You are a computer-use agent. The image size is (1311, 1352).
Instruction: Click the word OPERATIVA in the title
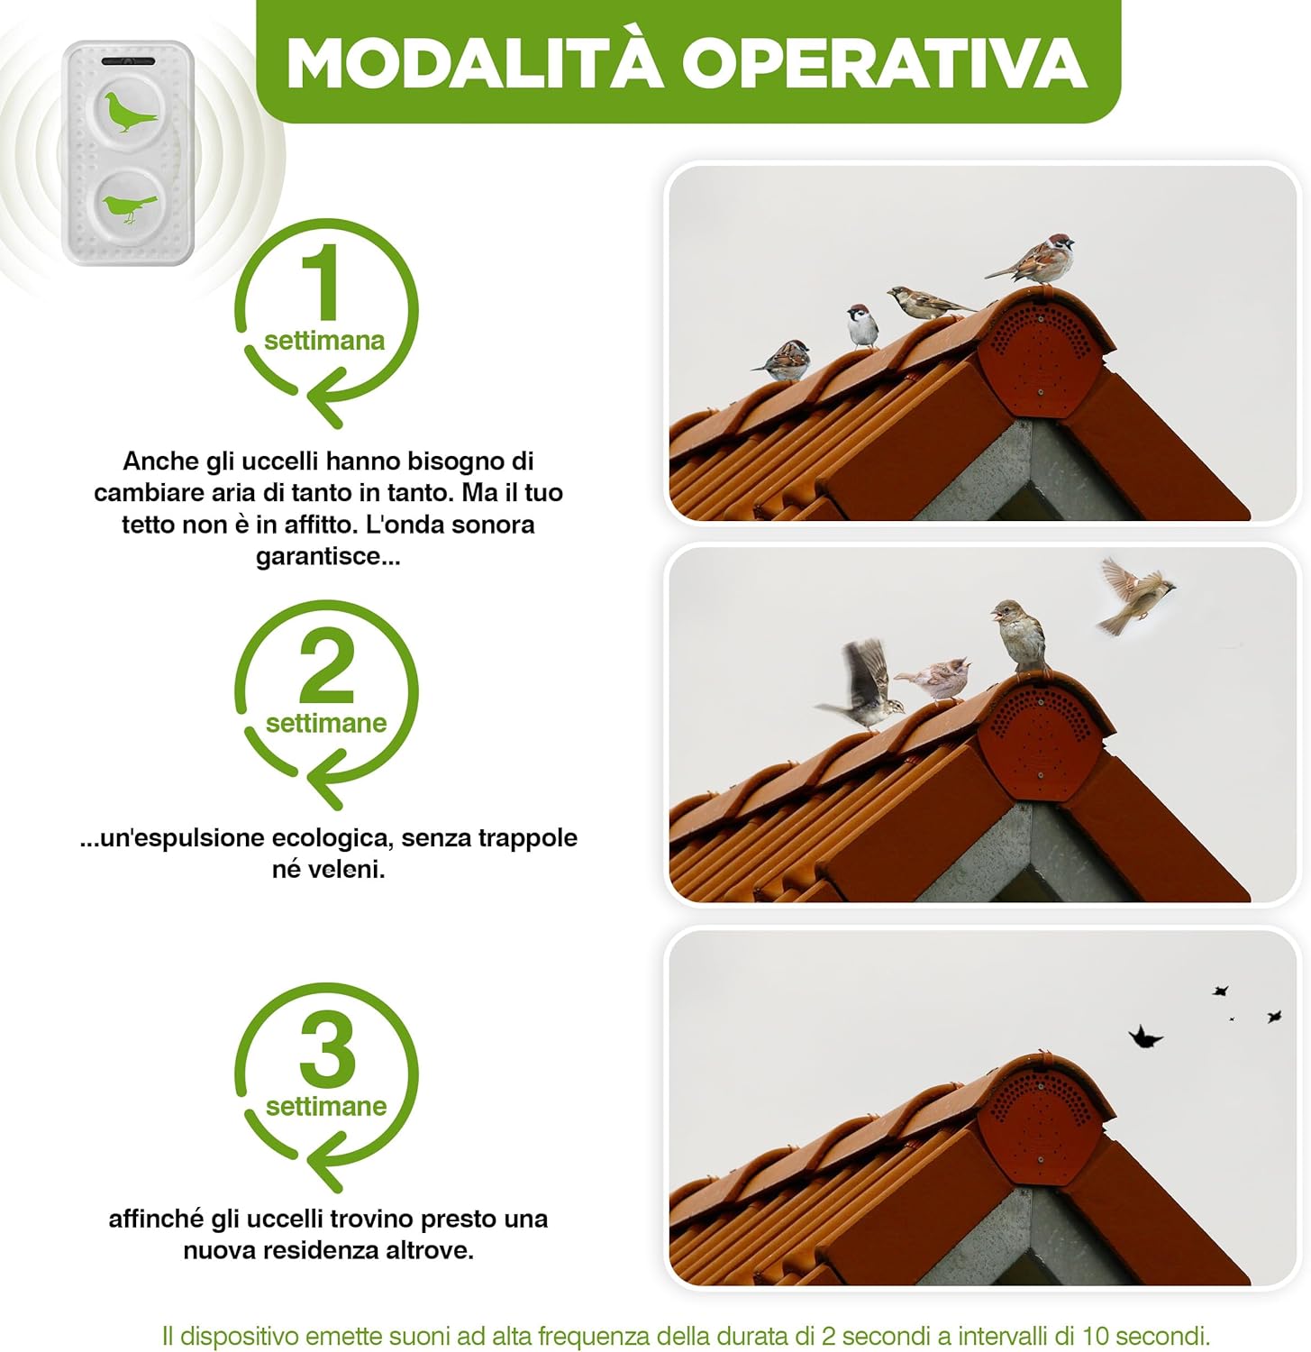[x=884, y=63]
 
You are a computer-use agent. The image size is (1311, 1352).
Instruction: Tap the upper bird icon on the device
[x=130, y=111]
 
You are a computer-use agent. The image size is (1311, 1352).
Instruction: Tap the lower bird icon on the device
[x=128, y=207]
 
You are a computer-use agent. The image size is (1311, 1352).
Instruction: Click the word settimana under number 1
[x=324, y=341]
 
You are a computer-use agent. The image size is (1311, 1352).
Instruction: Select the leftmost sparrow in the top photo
[x=783, y=360]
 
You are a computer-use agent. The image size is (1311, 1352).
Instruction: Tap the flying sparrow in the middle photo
[x=1134, y=596]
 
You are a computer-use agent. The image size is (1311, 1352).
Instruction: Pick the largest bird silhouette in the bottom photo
[x=1145, y=1037]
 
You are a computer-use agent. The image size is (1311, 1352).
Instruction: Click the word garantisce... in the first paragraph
[x=328, y=556]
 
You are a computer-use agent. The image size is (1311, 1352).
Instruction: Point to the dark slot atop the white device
[x=128, y=61]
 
